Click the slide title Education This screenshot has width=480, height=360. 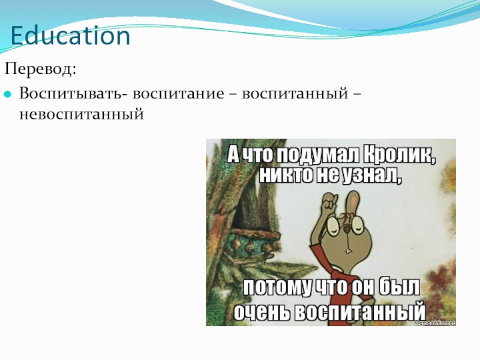70,35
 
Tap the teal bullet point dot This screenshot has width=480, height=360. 8,95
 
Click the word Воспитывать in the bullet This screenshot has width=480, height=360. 71,93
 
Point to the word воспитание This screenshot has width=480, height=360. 178,94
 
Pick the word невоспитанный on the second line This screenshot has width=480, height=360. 82,115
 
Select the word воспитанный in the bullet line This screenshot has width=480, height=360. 295,94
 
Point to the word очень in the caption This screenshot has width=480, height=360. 262,311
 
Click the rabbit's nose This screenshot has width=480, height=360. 347,230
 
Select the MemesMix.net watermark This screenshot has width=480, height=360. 435,323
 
